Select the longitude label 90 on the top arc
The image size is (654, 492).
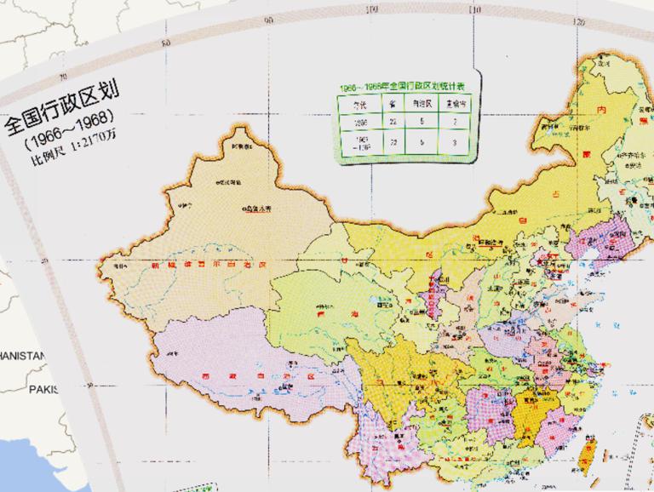point(269,19)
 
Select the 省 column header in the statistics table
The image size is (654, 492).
point(393,103)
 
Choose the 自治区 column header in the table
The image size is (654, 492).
point(424,103)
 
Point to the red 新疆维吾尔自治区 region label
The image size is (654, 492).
point(209,266)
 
